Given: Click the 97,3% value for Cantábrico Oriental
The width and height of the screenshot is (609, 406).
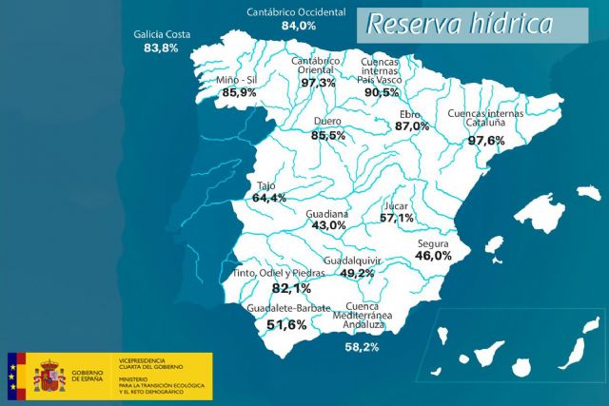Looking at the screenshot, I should point(318,83).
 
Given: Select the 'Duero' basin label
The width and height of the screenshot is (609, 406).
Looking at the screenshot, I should point(327,122).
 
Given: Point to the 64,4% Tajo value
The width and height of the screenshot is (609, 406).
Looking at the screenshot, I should point(269,198).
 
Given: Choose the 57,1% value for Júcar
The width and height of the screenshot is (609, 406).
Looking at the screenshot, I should point(397,218).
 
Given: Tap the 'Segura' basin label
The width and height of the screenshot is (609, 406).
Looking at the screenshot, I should point(433,242).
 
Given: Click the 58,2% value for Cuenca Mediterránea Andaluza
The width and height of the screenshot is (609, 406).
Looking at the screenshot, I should point(362,347).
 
